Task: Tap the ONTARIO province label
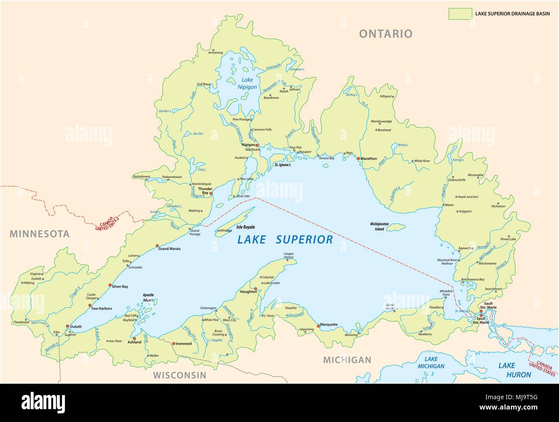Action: coord(386,34)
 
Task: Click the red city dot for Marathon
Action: coord(358,158)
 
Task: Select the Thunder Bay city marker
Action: coord(211,194)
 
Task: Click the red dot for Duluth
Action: coord(68,326)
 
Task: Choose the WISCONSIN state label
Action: coord(180,375)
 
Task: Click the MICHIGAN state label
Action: coord(347,360)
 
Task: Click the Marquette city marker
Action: coord(318,326)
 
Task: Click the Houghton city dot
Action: coord(255,289)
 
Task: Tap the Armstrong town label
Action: coord(215,52)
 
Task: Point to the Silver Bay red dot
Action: coord(110,285)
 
